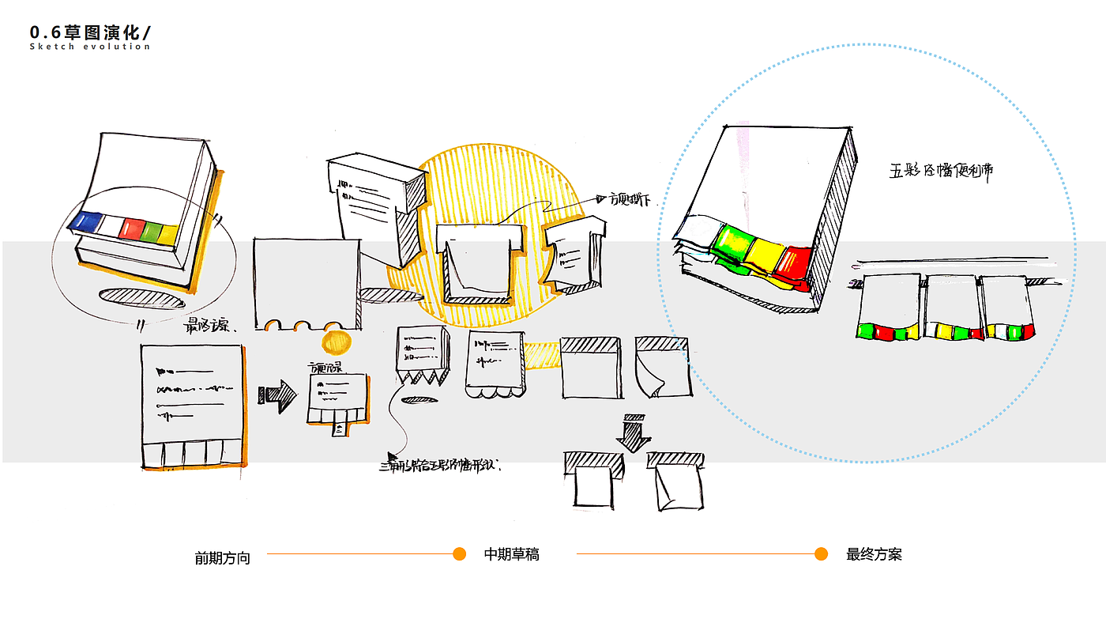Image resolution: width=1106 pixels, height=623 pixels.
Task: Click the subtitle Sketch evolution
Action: (x=89, y=47)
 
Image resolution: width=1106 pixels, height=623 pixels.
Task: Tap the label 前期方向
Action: (x=222, y=558)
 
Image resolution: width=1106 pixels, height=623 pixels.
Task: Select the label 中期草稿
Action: (x=511, y=554)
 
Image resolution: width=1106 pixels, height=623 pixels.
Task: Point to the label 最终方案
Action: (x=874, y=554)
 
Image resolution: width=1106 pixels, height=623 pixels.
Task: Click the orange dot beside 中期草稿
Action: (x=459, y=553)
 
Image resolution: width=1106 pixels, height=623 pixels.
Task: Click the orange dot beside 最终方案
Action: (x=821, y=553)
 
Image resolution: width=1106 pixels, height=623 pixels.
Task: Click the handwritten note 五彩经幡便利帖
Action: (x=941, y=171)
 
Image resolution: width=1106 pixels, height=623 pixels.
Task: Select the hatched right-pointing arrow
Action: (x=276, y=395)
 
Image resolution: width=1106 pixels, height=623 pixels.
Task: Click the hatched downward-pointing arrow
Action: (x=634, y=432)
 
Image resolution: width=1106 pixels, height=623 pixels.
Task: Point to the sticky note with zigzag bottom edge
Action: (x=423, y=356)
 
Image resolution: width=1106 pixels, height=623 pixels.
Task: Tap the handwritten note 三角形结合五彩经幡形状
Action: (x=441, y=466)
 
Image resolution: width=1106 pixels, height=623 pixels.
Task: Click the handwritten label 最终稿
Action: (x=208, y=326)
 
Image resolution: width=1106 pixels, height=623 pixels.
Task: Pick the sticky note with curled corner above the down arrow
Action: (x=664, y=368)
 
